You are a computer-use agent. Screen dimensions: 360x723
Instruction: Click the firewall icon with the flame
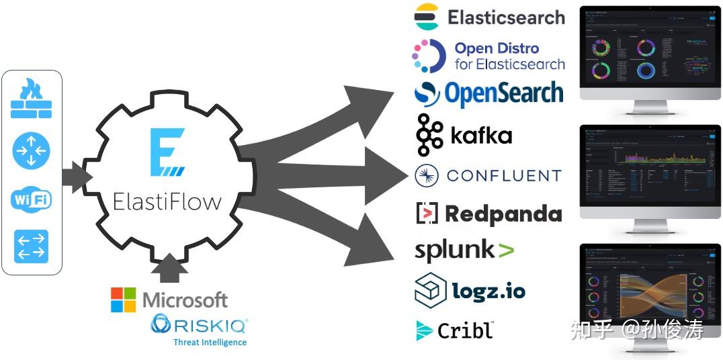click(x=31, y=99)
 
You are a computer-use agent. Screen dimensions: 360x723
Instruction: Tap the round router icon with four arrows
click(x=31, y=151)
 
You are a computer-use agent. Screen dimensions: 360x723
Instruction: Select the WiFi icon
click(x=31, y=199)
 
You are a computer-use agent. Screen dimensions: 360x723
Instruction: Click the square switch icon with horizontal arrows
click(x=31, y=246)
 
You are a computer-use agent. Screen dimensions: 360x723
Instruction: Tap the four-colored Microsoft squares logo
click(x=123, y=300)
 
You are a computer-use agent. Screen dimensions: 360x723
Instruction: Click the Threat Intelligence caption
click(x=210, y=342)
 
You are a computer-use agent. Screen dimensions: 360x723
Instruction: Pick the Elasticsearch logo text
click(x=506, y=17)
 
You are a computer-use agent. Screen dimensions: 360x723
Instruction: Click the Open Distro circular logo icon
click(x=429, y=56)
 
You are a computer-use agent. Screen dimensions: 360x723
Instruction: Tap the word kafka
click(x=481, y=136)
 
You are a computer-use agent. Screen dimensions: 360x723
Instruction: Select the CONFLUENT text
click(x=504, y=176)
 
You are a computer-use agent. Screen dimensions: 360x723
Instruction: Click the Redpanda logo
click(x=489, y=214)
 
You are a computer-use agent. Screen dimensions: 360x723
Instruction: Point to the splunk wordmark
click(x=456, y=251)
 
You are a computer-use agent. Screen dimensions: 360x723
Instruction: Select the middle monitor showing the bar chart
click(x=650, y=168)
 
